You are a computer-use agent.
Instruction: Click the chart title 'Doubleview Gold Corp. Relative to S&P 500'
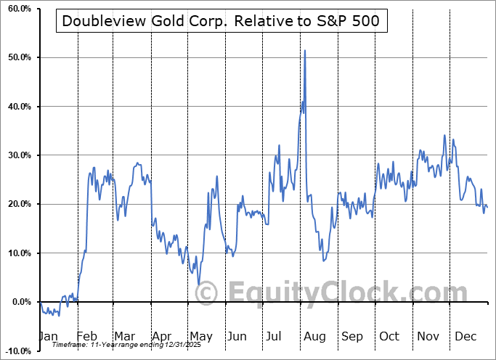[x=220, y=22]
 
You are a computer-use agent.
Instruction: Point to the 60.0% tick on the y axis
[x=17, y=9]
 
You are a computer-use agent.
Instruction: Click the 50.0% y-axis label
[x=17, y=57]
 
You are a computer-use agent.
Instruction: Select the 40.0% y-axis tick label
[x=17, y=107]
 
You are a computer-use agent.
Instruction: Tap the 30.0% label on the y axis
[x=17, y=155]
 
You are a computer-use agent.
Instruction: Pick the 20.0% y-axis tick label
[x=17, y=205]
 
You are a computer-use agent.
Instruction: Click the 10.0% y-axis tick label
[x=17, y=253]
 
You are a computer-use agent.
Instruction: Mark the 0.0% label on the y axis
[x=19, y=302]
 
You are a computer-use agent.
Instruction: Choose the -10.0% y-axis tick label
[x=15, y=351]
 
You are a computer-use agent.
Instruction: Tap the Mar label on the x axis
[x=124, y=336]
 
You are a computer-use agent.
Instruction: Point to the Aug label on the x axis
[x=314, y=336]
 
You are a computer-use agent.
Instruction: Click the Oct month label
[x=389, y=336]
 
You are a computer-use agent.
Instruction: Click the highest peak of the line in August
[x=305, y=50]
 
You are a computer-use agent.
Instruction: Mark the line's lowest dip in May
[x=199, y=285]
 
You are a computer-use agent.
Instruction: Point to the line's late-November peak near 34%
[x=444, y=135]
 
